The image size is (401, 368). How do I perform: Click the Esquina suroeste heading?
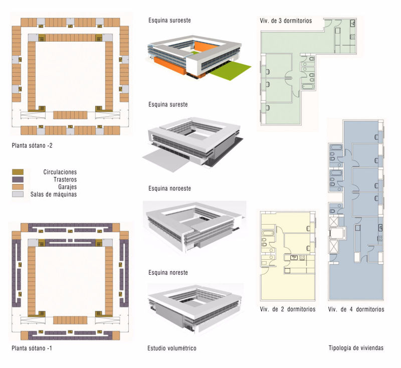[169, 21]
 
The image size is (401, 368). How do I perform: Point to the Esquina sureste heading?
[168, 105]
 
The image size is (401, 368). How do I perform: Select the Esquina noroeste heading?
[169, 189]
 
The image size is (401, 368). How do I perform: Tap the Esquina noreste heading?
[168, 273]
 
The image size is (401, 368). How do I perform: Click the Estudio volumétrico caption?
[171, 348]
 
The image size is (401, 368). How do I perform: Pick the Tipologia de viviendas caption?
[356, 348]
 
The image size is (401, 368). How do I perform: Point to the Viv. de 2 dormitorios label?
[287, 309]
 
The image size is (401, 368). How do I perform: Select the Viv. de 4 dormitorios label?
[356, 309]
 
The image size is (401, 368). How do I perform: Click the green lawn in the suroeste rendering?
[230, 72]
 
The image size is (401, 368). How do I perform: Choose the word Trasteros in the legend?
[65, 179]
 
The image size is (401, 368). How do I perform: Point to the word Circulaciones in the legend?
[60, 172]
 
